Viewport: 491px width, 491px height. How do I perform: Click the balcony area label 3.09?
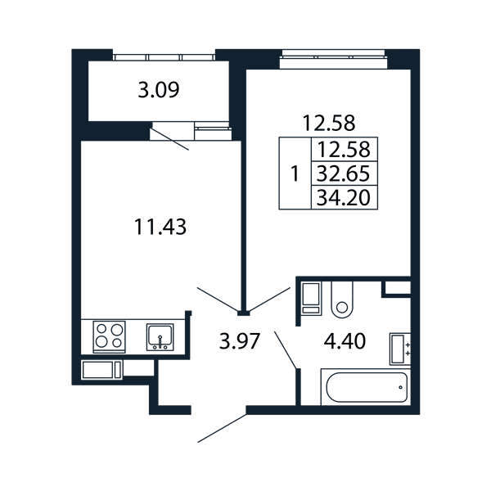pyautogui.click(x=159, y=90)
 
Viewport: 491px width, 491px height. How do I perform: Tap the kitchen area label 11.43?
pyautogui.click(x=160, y=227)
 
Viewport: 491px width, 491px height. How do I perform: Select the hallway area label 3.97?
pyautogui.click(x=240, y=341)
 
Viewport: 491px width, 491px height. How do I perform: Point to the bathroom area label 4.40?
pyautogui.click(x=345, y=341)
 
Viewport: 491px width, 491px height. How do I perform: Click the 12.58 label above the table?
pyautogui.click(x=329, y=123)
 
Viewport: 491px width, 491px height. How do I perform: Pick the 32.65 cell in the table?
pyautogui.click(x=345, y=173)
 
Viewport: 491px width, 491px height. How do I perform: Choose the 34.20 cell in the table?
pyautogui.click(x=345, y=197)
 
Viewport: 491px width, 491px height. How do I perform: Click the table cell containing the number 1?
pyautogui.click(x=295, y=173)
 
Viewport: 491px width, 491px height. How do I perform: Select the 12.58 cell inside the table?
pyautogui.click(x=345, y=150)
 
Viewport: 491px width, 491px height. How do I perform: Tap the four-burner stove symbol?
pyautogui.click(x=110, y=337)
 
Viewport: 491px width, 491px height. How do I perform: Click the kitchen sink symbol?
pyautogui.click(x=160, y=337)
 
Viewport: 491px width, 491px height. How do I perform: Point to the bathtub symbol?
pyautogui.click(x=366, y=387)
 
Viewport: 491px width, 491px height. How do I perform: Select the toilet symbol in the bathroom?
pyautogui.click(x=342, y=300)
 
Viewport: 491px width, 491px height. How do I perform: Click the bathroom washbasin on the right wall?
pyautogui.click(x=400, y=349)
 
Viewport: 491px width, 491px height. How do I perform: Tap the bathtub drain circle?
pyautogui.click(x=400, y=387)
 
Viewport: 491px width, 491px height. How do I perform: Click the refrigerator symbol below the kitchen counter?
pyautogui.click(x=101, y=370)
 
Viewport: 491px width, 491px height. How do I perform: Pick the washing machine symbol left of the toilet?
pyautogui.click(x=311, y=298)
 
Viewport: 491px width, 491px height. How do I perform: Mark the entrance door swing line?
pyautogui.click(x=223, y=428)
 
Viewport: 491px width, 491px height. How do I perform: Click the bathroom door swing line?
pyautogui.click(x=286, y=349)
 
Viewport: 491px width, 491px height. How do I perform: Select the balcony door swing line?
pyautogui.click(x=170, y=139)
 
